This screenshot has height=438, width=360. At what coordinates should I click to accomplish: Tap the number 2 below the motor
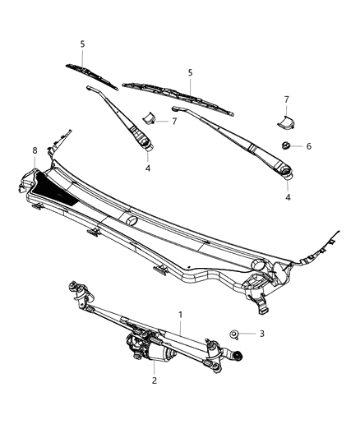pos(155,380)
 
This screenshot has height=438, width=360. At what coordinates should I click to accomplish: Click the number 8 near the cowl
pos(35,150)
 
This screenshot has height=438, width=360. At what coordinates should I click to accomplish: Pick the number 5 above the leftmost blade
pos(82,44)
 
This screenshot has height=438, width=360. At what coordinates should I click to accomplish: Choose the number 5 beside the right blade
pos(190,72)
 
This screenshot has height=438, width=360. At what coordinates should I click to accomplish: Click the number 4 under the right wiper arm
pos(288,197)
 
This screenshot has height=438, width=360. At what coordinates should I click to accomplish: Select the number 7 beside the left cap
pos(173,122)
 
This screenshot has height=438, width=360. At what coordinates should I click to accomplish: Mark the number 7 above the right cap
pos(286,99)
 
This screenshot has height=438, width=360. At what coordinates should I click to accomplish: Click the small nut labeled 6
pos(284,145)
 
